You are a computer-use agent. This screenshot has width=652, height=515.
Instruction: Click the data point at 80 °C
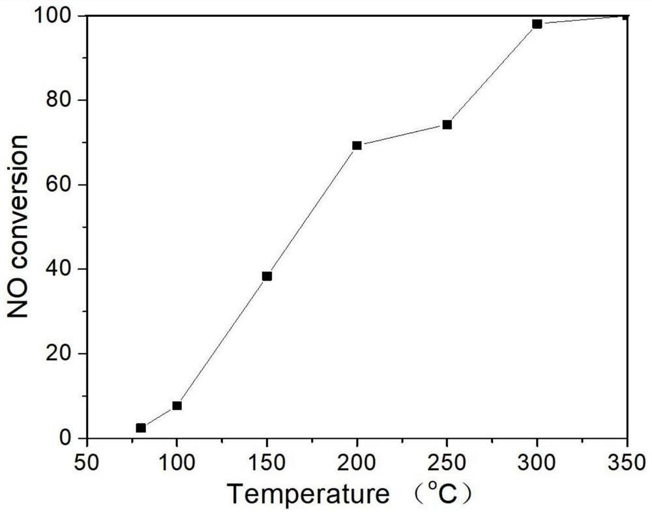(x=141, y=428)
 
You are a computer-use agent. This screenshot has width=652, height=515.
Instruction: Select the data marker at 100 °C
(x=177, y=406)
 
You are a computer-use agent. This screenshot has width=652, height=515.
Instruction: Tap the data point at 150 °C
(x=267, y=276)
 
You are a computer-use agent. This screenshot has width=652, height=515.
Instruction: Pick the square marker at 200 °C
(x=357, y=145)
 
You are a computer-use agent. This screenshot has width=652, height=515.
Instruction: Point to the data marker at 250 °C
(x=447, y=124)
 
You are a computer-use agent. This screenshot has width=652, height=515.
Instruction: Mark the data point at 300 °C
(x=537, y=24)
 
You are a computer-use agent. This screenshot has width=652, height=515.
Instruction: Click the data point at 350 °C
(x=626, y=16)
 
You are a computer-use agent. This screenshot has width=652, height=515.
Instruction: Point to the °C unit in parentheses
(x=445, y=494)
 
